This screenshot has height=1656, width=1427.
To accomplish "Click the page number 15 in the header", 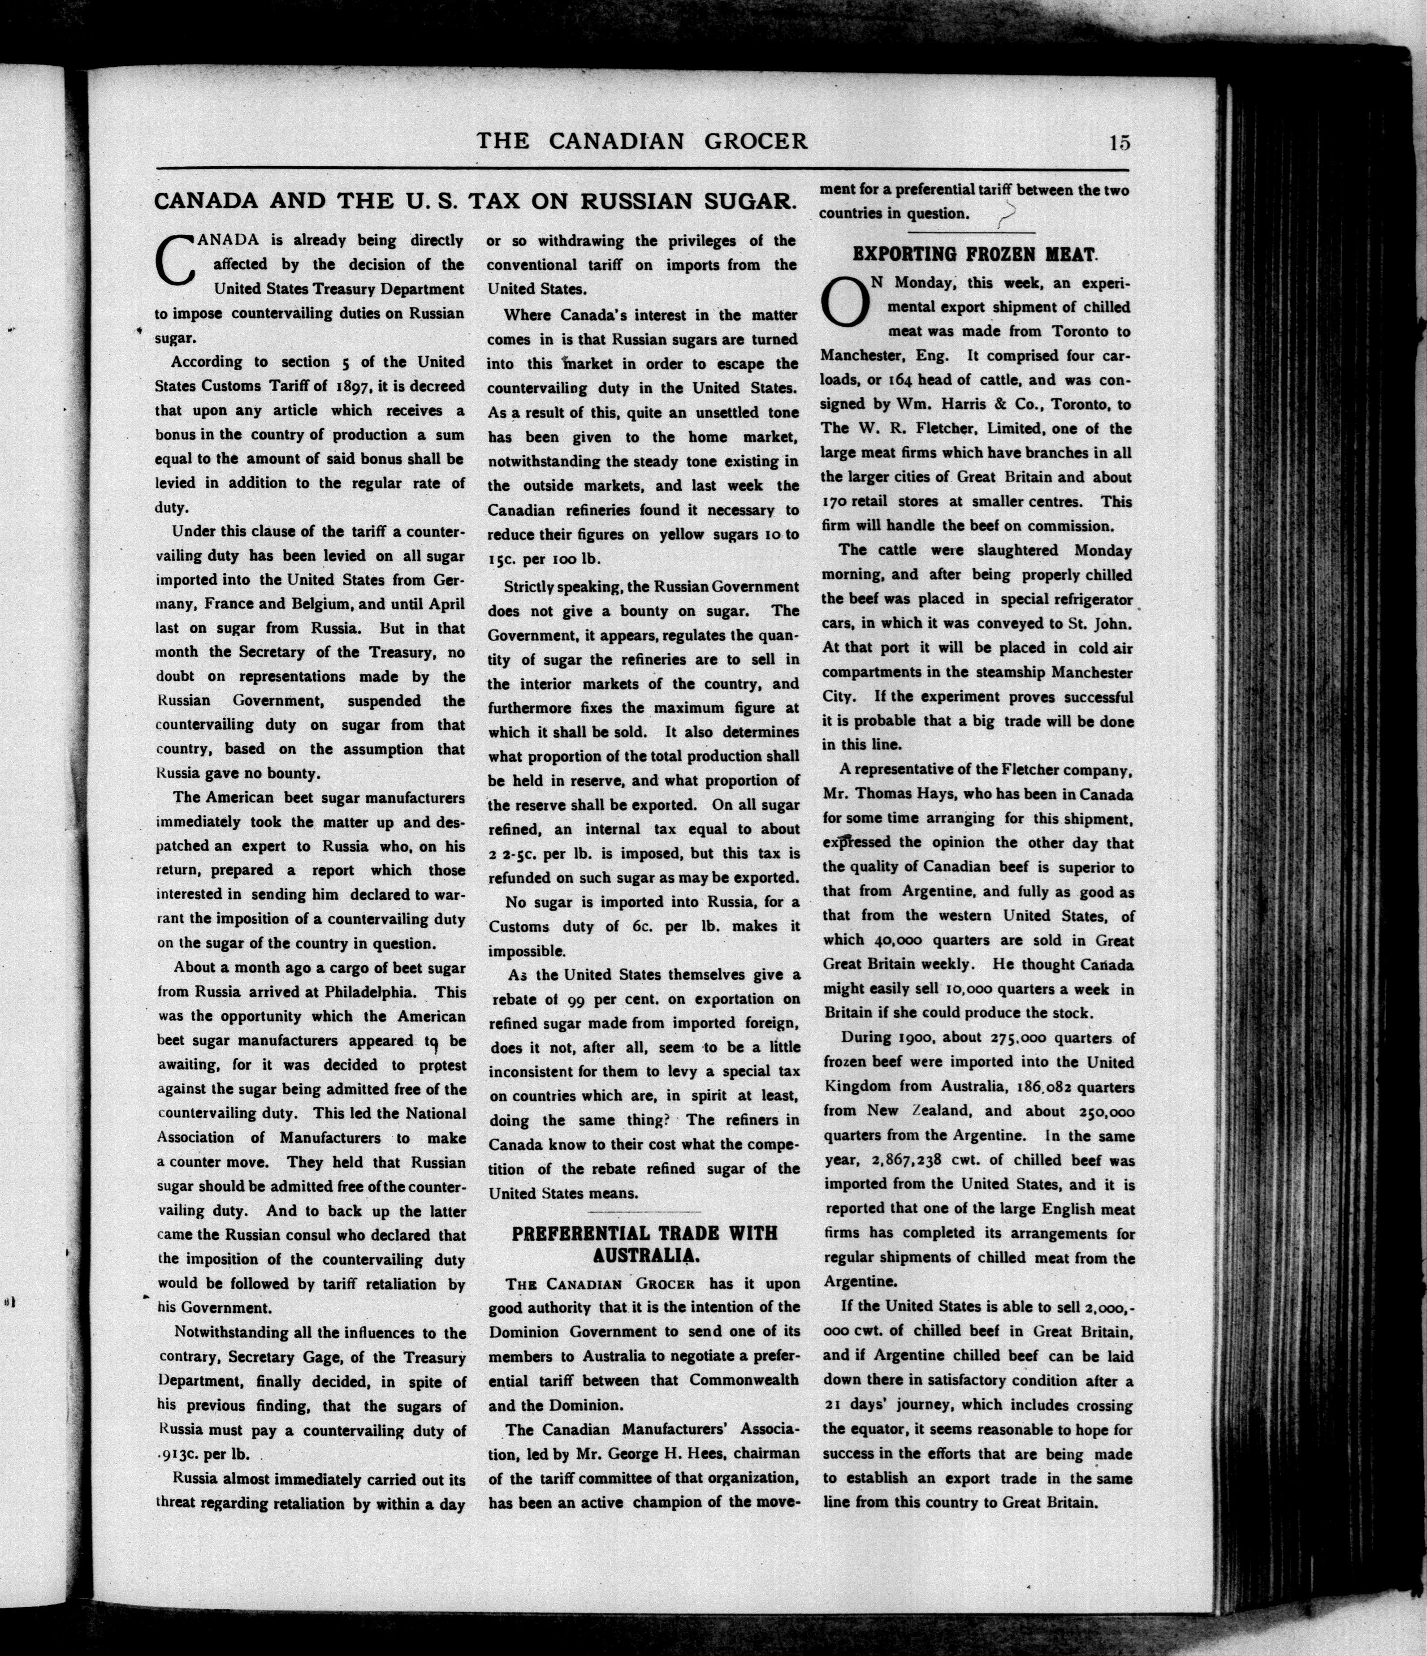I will point(1118,143).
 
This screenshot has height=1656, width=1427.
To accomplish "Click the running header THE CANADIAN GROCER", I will point(642,142).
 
